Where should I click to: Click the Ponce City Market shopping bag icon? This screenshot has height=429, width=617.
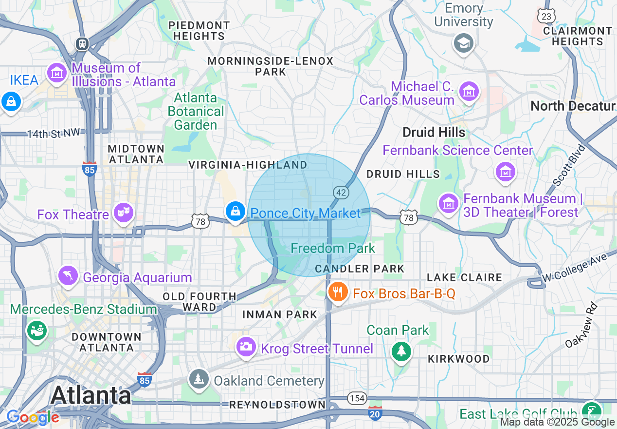(236, 212)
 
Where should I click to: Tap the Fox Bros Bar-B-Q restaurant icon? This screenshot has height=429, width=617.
(337, 292)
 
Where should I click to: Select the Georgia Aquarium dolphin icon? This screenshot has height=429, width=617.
(68, 275)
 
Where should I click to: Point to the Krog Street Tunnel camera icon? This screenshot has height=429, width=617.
(246, 347)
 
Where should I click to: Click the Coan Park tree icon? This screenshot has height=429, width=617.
(401, 351)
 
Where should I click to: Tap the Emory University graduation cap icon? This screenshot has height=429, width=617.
(463, 43)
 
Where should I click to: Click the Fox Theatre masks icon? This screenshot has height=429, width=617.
(124, 212)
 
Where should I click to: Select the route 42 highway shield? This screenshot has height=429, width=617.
(341, 193)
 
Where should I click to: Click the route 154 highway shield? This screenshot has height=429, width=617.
(357, 398)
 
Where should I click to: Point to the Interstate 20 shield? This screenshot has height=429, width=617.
(375, 413)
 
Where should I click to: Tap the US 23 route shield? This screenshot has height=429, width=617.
(546, 16)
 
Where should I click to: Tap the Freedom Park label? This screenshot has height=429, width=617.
(333, 248)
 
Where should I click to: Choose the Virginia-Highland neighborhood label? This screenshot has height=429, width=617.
(248, 165)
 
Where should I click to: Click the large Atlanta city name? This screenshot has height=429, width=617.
(91, 395)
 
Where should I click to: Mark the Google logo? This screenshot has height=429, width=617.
(33, 417)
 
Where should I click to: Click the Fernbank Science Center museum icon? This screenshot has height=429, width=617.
(505, 172)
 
